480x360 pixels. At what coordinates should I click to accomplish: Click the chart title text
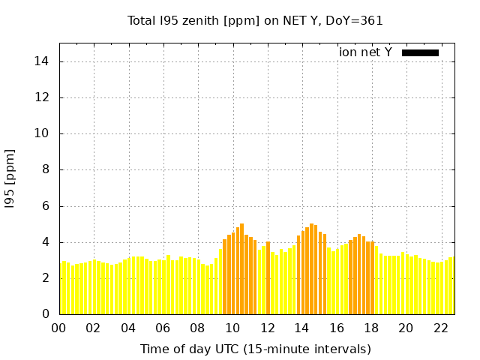pyautogui.click(x=255, y=20)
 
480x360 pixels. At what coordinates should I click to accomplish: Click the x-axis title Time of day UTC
pyautogui.click(x=255, y=349)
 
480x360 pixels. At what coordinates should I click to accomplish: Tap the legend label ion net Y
pyautogui.click(x=365, y=52)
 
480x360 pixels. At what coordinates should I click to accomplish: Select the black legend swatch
pyautogui.click(x=420, y=52)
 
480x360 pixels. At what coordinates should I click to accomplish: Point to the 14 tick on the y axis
pyautogui.click(x=47, y=61)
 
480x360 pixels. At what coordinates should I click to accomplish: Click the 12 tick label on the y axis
pyautogui.click(x=47, y=97)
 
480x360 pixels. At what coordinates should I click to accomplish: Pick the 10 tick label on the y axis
pyautogui.click(x=47, y=133)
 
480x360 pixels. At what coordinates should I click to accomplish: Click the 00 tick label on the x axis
pyautogui.click(x=58, y=328)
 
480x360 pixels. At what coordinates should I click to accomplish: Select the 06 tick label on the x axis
pyautogui.click(x=163, y=328)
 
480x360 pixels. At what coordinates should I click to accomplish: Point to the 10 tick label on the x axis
pyautogui.click(x=232, y=328)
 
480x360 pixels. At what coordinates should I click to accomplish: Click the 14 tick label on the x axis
pyautogui.click(x=301, y=328)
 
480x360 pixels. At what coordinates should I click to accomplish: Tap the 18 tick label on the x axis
pyautogui.click(x=371, y=328)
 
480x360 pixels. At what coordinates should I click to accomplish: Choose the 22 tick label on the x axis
pyautogui.click(x=441, y=328)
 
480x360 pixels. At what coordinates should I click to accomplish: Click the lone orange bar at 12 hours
pyautogui.click(x=268, y=277)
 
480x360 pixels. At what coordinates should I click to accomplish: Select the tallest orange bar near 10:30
pyautogui.click(x=241, y=268)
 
